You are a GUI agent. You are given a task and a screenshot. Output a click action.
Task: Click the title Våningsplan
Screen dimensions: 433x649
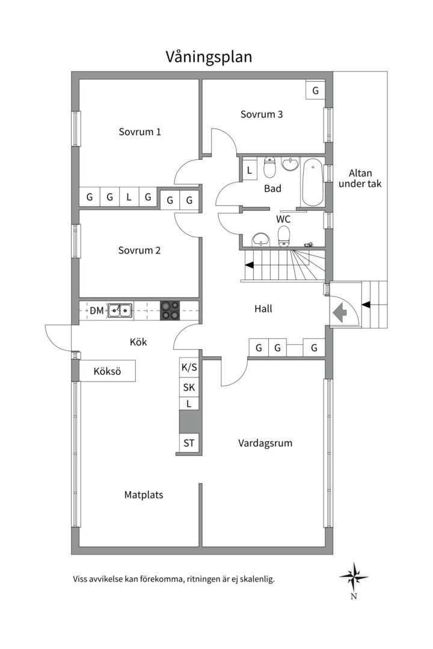tap(209, 56)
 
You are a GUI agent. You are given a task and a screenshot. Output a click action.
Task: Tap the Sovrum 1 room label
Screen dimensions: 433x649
tap(140, 132)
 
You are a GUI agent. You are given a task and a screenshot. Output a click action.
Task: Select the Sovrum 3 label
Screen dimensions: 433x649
tap(262, 114)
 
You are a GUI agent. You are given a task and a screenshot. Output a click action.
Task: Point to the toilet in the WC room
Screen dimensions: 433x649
tap(284, 236)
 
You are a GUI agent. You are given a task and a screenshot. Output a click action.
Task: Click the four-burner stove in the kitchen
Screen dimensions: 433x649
tap(170, 310)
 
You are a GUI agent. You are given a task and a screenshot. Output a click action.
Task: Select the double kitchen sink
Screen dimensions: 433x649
tap(120, 310)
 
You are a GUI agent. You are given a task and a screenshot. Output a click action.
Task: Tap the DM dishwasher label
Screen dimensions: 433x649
tap(97, 311)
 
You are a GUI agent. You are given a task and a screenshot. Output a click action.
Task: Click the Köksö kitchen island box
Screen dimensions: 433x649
tap(107, 371)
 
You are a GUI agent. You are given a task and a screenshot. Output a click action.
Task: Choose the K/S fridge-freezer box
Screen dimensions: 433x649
tap(189, 367)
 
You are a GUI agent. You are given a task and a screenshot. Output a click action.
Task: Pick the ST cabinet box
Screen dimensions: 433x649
tap(189, 443)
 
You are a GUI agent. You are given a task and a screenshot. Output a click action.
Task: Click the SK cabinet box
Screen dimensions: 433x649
tap(189, 387)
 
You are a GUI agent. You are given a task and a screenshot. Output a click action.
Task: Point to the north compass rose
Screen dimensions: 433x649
tap(354, 577)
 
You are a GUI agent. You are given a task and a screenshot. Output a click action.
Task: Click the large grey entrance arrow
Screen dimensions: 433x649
tap(340, 312)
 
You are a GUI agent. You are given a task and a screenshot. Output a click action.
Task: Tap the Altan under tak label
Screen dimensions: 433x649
tap(360, 178)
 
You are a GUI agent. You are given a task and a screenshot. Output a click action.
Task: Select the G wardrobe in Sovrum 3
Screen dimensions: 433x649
tap(315, 90)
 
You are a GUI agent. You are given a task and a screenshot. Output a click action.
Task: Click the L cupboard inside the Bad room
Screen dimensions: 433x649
tap(250, 169)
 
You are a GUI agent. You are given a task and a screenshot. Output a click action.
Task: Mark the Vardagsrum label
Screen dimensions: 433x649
tap(265, 443)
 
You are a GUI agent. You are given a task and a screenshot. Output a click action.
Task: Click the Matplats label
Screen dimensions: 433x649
tap(144, 495)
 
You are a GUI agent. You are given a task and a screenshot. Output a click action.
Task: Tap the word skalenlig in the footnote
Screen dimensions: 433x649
tap(256, 579)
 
